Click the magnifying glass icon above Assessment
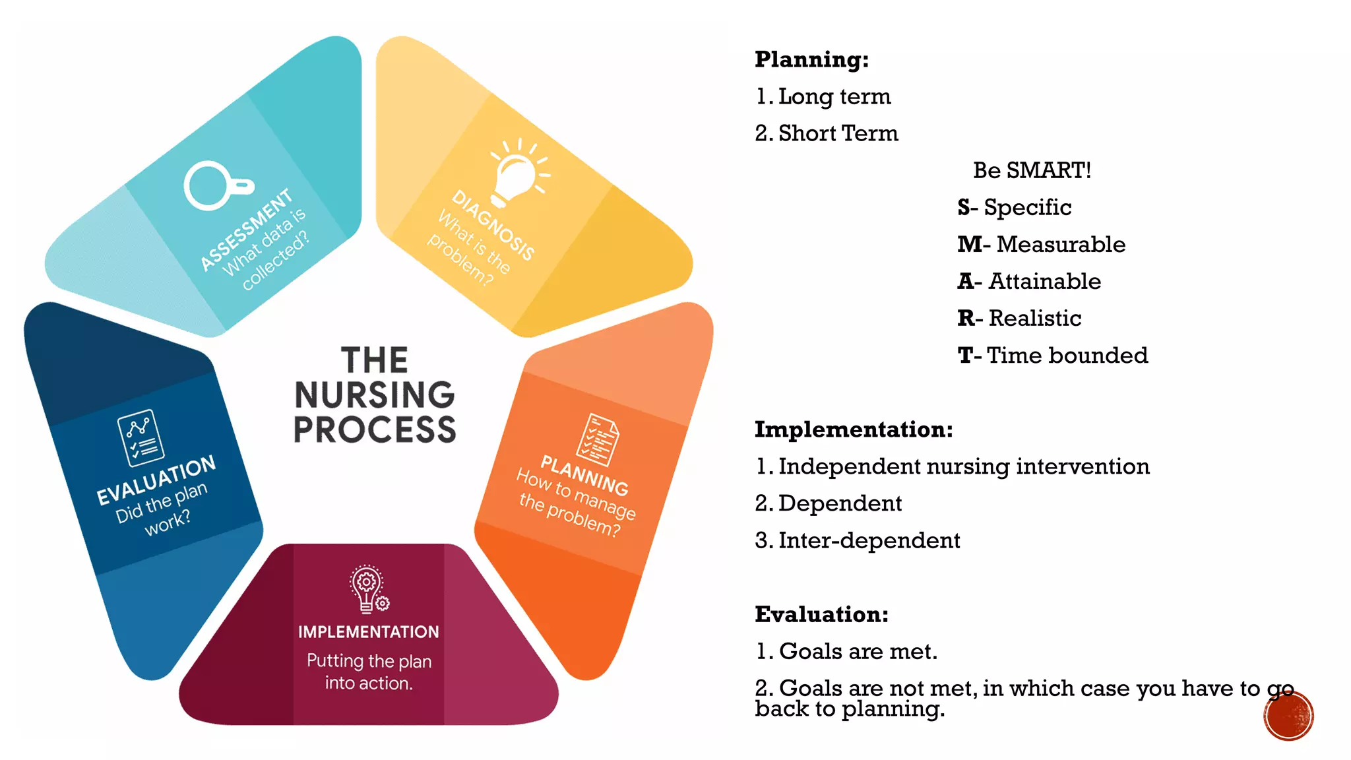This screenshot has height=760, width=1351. (x=215, y=185)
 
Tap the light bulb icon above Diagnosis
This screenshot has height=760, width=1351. (x=518, y=172)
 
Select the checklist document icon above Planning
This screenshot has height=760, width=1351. (x=598, y=439)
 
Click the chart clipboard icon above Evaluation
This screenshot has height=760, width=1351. (x=141, y=437)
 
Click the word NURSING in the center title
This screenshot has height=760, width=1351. (x=375, y=395)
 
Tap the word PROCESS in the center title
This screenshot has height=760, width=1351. (x=375, y=429)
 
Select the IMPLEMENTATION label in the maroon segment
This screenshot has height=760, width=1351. (x=368, y=632)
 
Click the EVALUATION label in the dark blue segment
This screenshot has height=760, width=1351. (x=156, y=480)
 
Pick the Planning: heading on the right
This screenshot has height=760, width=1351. (x=811, y=59)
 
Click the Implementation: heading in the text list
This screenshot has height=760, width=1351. (x=854, y=429)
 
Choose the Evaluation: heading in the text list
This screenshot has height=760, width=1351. (x=821, y=614)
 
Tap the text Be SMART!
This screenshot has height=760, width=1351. (x=1032, y=170)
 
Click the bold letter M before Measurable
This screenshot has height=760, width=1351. (x=970, y=244)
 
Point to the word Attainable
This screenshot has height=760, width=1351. (x=1044, y=281)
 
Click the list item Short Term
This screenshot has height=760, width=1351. (x=838, y=133)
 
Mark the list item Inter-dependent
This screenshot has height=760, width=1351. (x=869, y=540)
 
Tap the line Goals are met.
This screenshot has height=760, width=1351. (x=858, y=651)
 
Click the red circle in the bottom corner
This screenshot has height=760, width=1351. (x=1288, y=716)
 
